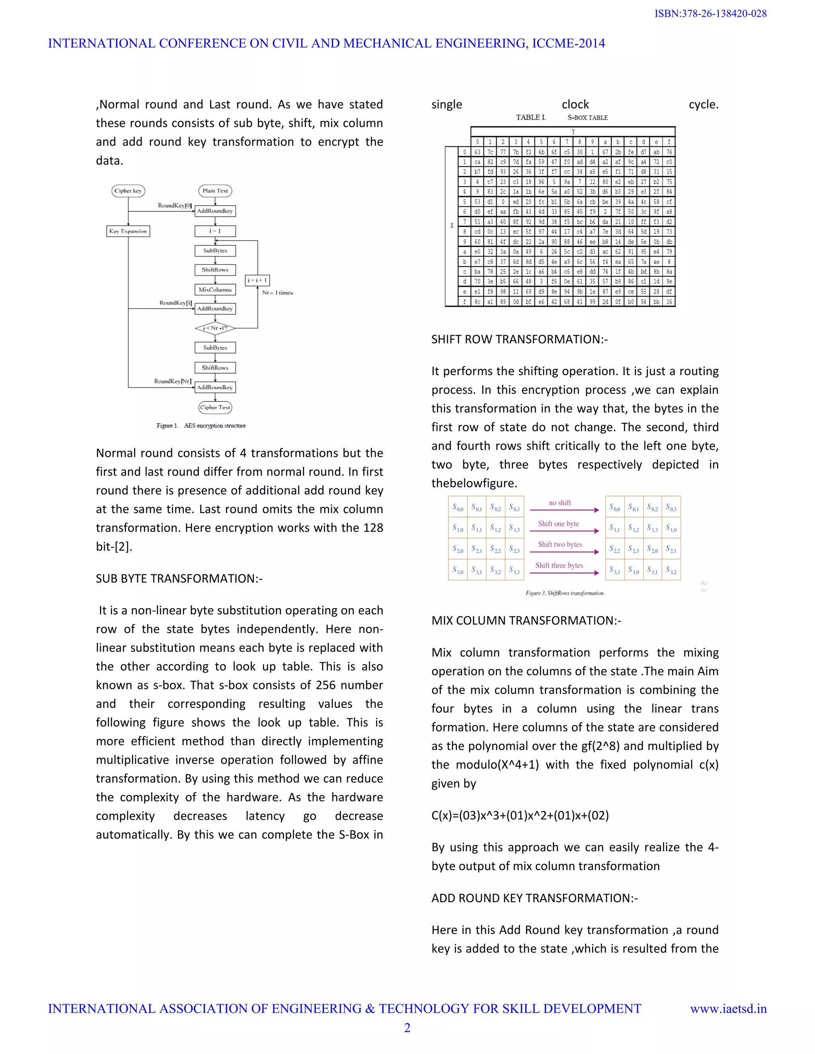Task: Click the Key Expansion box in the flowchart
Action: click(128, 231)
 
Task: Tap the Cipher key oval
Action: click(128, 191)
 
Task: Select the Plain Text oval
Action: click(215, 191)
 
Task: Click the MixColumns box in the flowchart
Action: click(215, 290)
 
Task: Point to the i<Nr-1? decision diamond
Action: click(215, 328)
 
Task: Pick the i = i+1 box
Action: click(257, 280)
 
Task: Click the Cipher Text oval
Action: click(215, 407)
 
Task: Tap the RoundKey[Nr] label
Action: click(172, 381)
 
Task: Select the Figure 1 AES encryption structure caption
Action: click(201, 426)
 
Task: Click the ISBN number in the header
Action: click(710, 14)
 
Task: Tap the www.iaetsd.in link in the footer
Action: click(728, 1009)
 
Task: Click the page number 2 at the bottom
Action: click(407, 1028)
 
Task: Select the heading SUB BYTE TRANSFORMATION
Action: click(179, 578)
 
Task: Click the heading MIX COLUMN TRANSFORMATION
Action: click(526, 620)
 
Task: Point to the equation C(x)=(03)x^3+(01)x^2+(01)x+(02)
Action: click(520, 815)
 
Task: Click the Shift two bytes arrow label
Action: click(560, 545)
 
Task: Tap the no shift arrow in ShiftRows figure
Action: click(564, 509)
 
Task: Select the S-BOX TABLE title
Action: click(587, 117)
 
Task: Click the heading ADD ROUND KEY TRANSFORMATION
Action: click(534, 898)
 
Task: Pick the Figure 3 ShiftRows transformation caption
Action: click(565, 593)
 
